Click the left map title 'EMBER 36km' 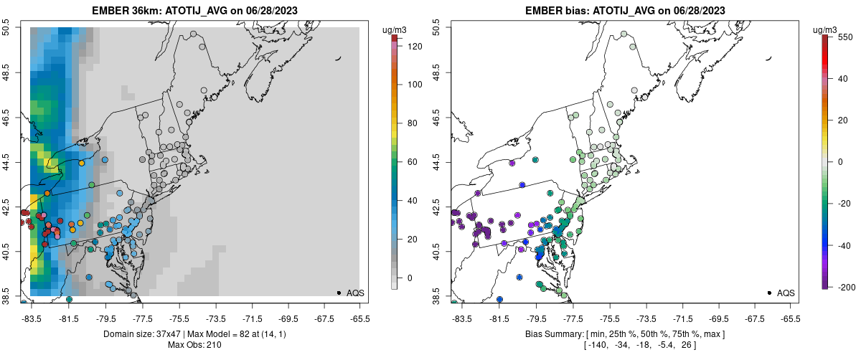tap(126, 11)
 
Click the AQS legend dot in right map tap(768, 293)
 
